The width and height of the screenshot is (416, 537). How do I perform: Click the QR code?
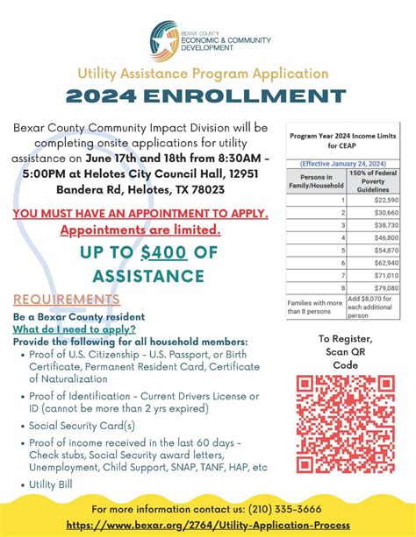(x=345, y=422)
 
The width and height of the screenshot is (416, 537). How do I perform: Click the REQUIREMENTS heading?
(x=67, y=300)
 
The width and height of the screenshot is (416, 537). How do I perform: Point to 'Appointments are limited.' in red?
(x=140, y=230)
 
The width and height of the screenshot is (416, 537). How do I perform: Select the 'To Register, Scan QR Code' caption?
(x=346, y=350)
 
